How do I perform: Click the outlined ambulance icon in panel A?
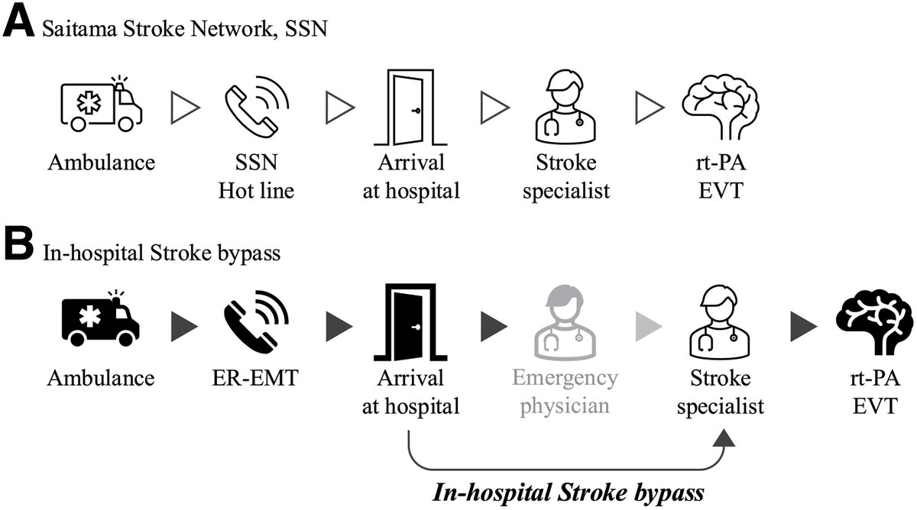[x=102, y=104]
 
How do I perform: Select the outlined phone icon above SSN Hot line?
[x=257, y=107]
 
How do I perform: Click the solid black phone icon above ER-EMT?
[x=257, y=321]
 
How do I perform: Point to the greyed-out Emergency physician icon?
[x=565, y=322]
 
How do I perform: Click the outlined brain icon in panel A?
[x=721, y=107]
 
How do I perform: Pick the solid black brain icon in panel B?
[x=874, y=322]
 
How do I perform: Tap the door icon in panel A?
[x=410, y=107]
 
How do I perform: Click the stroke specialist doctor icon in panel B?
[x=720, y=322]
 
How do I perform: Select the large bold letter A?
[x=18, y=24]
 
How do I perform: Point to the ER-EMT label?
[x=255, y=378]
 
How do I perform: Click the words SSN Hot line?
[x=256, y=176]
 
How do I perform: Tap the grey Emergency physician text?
[x=565, y=392]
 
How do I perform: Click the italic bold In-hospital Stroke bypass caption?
[x=569, y=492]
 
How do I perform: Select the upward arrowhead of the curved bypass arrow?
[x=724, y=437]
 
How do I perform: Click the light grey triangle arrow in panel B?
[x=649, y=326]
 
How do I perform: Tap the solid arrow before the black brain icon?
[x=804, y=326]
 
